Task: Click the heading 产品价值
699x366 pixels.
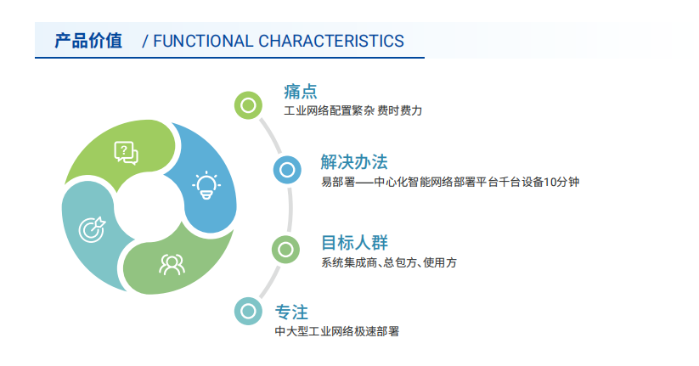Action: [88, 41]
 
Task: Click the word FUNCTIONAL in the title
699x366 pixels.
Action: [203, 41]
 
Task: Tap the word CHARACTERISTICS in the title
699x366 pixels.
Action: [331, 41]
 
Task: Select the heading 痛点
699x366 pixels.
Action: [301, 92]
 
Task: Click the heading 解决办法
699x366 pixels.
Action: [354, 162]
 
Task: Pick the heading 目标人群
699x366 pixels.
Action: [355, 243]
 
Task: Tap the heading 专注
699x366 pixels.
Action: [291, 312]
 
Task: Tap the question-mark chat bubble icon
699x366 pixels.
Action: [127, 153]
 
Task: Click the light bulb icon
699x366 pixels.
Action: [206, 185]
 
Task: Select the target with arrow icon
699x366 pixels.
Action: [92, 229]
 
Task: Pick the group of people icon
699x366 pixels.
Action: [172, 264]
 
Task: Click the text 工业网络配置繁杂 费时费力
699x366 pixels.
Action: [353, 110]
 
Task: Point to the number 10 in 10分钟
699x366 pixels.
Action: [550, 182]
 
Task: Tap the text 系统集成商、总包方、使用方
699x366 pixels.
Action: [389, 262]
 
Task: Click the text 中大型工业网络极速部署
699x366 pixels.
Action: [337, 331]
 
